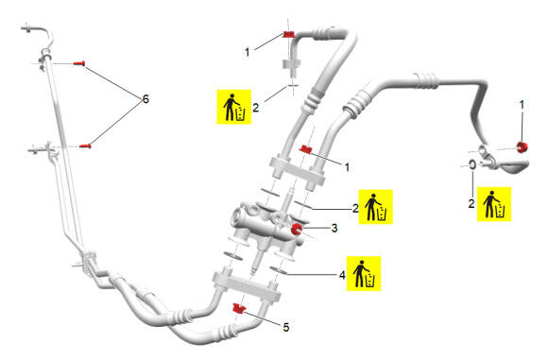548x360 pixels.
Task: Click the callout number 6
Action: [146, 99]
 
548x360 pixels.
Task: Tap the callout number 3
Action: [334, 229]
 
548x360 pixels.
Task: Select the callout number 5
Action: [286, 328]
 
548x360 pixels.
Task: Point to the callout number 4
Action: [342, 275]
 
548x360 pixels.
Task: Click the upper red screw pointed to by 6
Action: [79, 63]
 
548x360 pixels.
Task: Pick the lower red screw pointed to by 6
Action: [85, 146]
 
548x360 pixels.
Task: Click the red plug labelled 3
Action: [297, 229]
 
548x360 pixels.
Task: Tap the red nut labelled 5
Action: [239, 309]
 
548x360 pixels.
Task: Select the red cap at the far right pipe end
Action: [522, 147]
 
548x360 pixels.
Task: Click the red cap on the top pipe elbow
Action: [289, 34]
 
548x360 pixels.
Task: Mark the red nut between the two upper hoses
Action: [306, 149]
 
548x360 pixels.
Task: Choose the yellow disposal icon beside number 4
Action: [364, 274]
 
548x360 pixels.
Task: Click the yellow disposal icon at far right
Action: [494, 204]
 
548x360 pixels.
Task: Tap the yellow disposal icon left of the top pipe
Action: [234, 107]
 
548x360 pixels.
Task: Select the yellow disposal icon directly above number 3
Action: [376, 207]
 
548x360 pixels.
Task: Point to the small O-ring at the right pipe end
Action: [471, 164]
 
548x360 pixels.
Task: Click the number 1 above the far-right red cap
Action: [522, 105]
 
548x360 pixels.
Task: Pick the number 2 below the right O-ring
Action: [471, 204]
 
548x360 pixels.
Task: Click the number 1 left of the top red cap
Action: [248, 52]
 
